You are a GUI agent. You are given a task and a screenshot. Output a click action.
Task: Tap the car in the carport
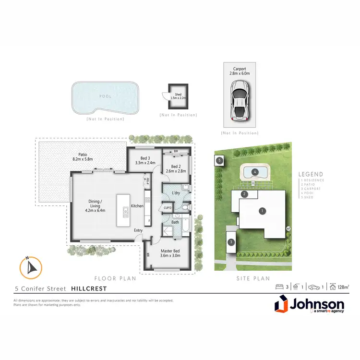pos(239,100)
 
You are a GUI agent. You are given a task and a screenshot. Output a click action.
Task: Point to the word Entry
pos(138,230)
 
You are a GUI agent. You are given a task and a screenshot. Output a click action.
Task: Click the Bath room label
pos(176,222)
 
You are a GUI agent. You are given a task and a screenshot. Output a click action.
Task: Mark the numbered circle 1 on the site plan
pos(262,210)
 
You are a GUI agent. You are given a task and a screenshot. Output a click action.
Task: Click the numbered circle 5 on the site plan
pos(219,160)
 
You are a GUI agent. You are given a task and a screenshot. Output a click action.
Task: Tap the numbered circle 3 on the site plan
pos(231,242)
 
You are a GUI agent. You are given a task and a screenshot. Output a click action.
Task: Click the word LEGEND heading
pos(311,175)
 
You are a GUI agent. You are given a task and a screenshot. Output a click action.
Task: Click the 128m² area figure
pos(342,287)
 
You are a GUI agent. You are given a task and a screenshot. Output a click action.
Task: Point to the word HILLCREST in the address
pos(89,289)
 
